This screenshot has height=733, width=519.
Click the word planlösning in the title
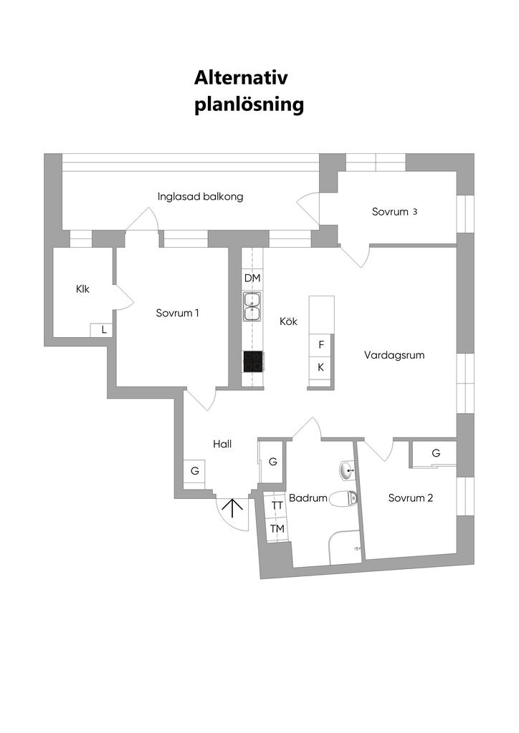pos(249,105)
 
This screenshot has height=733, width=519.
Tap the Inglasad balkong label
pos(200,196)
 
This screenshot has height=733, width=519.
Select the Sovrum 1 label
pos(177,313)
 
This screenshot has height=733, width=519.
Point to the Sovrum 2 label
pos(410,498)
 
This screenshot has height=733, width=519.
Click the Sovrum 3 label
pos(394,212)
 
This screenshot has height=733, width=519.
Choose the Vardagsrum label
pos(394,355)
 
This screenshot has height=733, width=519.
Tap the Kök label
pos(288,321)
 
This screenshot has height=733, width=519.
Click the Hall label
pos(222,444)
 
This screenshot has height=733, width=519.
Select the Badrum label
pos(308,498)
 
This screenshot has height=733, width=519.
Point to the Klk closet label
pos(82,289)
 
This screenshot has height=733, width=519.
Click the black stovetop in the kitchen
pos(252,361)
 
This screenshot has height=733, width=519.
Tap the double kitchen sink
pos(252,306)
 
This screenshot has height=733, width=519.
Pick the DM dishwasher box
pos(252,278)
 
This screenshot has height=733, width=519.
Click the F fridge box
pos(321,344)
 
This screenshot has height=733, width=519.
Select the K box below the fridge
pos(321,367)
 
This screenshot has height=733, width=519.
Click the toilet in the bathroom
pos(343,498)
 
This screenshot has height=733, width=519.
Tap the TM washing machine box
pos(277,529)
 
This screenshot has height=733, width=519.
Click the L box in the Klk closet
pos(104,330)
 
